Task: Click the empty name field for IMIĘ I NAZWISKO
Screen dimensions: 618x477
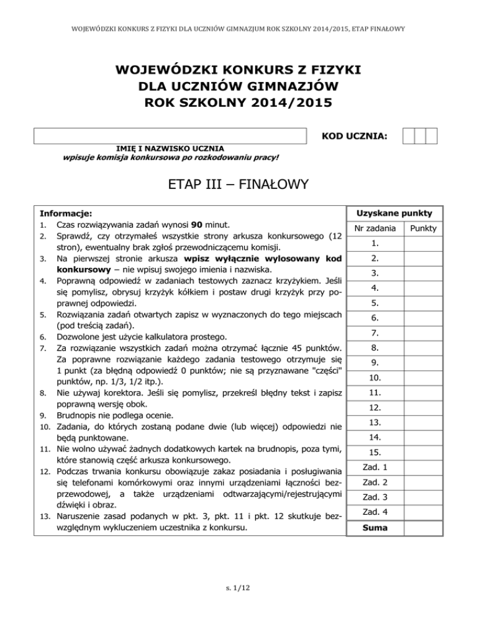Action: [170, 136]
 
